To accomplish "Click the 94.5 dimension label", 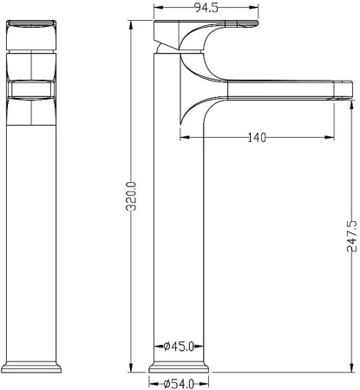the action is point(206,8).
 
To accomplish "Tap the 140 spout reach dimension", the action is point(257,137).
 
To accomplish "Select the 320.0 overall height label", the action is point(132,196).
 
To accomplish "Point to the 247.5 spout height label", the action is point(351,236).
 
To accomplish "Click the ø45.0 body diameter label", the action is point(179,347).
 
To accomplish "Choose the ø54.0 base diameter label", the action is point(179,384).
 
